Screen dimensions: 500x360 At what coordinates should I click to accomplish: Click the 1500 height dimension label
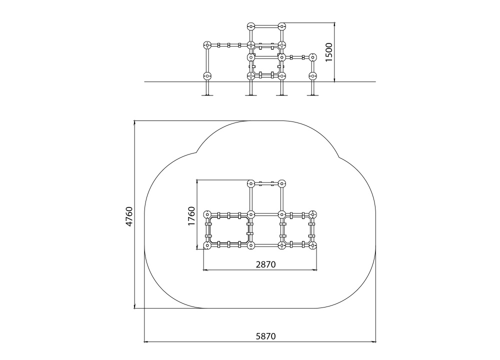coord(329,52)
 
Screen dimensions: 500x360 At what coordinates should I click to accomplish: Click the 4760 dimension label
coord(129,217)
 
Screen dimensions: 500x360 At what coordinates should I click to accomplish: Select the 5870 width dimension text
coord(265,336)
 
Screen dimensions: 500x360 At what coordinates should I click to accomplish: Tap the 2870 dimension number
coord(265,264)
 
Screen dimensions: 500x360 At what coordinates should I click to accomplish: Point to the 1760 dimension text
coord(191,216)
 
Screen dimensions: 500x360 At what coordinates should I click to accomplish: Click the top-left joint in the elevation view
coord(251,26)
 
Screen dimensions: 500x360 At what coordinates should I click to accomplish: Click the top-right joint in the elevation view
coord(281,26)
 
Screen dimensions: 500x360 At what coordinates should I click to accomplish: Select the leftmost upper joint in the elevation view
coord(207,45)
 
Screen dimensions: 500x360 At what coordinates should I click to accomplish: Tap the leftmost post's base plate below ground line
coord(207,94)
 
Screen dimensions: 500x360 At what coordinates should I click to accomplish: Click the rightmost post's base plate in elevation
coord(312,94)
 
